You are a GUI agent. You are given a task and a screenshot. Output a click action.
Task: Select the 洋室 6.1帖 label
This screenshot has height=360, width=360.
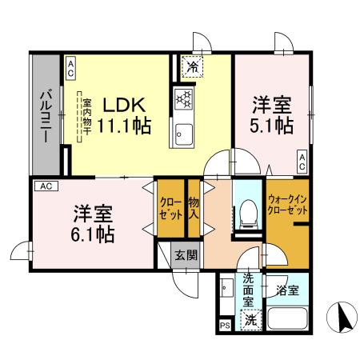[94, 223]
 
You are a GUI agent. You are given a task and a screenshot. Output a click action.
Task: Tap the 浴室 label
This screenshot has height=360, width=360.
[287, 290]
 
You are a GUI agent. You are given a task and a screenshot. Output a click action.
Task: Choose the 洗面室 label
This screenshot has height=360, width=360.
[249, 291]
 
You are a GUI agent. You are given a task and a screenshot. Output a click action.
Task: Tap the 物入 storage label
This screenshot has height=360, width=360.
[194, 209]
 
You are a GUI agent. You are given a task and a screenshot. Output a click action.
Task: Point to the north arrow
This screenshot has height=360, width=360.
[343, 318]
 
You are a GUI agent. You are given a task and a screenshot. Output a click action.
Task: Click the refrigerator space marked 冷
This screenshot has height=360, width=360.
[192, 66]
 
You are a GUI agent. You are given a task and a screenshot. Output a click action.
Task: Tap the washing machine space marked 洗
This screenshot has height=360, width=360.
[251, 320]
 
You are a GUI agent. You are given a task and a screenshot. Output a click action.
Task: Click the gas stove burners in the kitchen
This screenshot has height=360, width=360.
[186, 99]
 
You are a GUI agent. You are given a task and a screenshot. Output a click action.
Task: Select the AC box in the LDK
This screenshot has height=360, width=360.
[70, 69]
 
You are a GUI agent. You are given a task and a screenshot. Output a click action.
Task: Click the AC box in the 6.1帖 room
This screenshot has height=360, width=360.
[46, 186]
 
